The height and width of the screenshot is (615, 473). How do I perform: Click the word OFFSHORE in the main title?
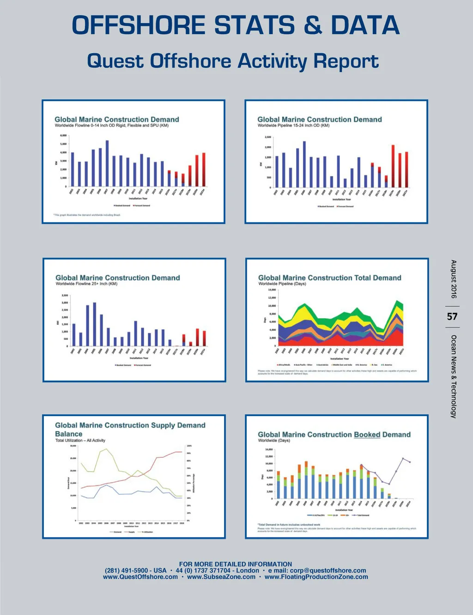139,25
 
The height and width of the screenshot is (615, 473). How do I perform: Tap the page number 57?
452,317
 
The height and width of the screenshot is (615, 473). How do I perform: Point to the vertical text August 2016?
454,279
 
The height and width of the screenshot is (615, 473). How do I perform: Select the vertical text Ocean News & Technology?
454,376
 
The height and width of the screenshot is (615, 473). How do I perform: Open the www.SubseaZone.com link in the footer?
221,577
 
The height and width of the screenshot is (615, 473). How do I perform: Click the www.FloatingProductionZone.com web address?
316,577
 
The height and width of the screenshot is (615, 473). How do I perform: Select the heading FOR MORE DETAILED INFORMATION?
236,564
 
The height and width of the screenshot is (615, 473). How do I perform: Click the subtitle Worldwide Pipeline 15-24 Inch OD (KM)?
293,125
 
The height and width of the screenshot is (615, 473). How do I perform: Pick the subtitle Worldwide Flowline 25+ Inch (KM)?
86,284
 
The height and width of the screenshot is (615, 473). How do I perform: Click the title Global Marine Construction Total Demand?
329,278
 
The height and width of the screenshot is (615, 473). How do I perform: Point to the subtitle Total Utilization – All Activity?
80,440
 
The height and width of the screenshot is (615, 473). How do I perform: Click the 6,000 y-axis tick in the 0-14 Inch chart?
63,135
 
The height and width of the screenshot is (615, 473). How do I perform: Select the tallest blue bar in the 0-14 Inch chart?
107,163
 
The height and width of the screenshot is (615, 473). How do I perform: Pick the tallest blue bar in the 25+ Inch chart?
95,324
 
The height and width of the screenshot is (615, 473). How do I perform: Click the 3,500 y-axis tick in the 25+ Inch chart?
65,295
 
